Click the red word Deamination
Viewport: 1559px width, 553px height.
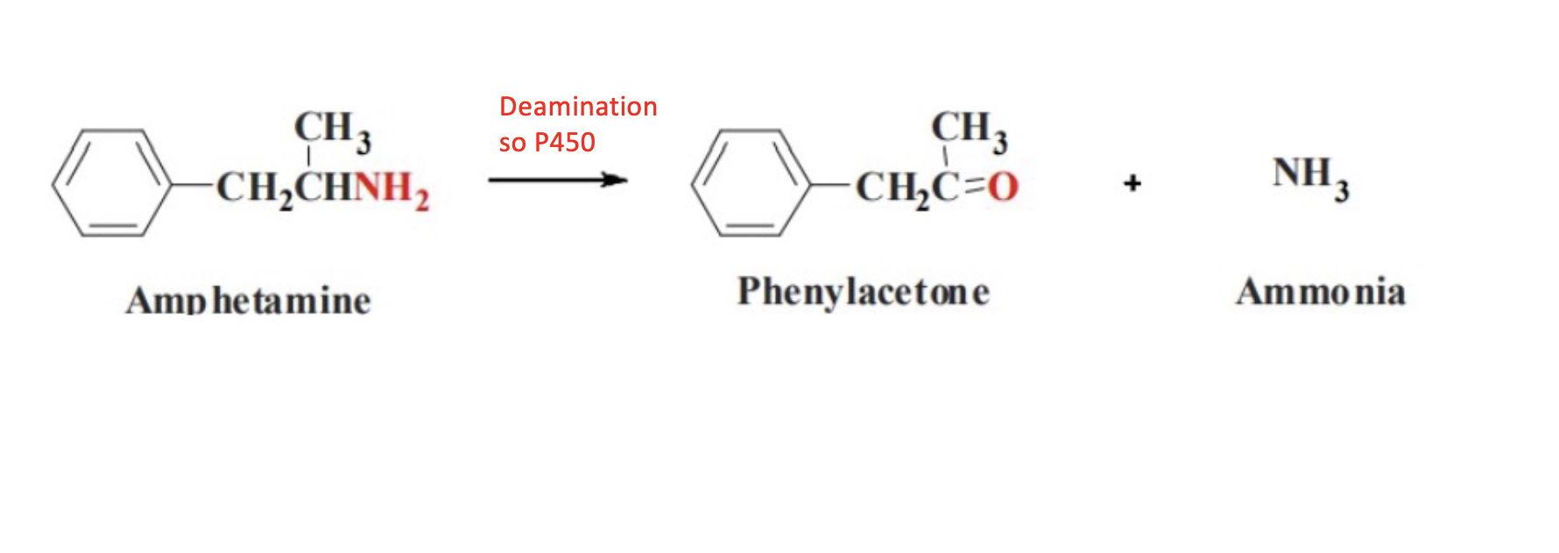coord(578,107)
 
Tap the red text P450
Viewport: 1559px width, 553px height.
coord(565,142)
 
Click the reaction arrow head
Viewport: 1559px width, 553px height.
coord(617,180)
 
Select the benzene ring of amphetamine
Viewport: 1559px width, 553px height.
coord(112,183)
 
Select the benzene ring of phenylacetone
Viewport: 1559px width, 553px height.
coord(751,183)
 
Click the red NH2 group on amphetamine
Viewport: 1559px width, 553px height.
coord(392,188)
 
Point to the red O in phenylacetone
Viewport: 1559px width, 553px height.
coord(1004,186)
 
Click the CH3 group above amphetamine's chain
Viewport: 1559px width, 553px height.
coord(332,129)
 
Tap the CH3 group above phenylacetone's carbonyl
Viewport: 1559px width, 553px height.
coord(969,129)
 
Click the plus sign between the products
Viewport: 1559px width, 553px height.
coord(1132,183)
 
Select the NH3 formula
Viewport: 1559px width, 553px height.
coord(1310,175)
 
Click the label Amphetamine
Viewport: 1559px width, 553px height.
coord(249,300)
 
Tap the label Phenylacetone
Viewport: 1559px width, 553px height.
coord(864,291)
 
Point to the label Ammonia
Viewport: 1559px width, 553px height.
coord(1321,291)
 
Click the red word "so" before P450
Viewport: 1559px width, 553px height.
coord(511,142)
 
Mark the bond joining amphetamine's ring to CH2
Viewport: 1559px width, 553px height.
coord(194,185)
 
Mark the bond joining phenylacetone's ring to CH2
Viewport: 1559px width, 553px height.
coord(832,185)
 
